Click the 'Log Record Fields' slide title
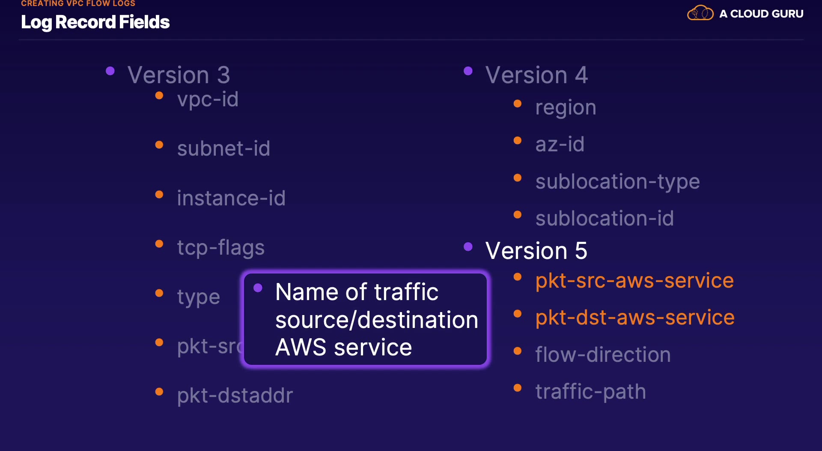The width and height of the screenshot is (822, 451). pos(95,22)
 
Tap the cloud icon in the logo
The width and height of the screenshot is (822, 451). pos(700,13)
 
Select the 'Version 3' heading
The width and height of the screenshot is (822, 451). pos(179,75)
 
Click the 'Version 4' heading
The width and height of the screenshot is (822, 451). pos(536,75)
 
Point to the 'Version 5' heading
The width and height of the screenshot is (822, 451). pos(536,250)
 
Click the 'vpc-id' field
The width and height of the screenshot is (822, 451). pos(208,99)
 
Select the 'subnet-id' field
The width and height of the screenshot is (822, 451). pos(223,149)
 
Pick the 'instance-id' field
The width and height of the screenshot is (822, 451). pos(231,198)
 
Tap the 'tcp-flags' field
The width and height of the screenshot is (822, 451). pos(221,248)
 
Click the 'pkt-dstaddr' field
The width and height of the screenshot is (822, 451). pos(235,395)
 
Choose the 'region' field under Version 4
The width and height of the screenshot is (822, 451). pos(566,108)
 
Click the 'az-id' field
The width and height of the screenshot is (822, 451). pos(560,144)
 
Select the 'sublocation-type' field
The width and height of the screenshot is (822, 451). pos(617,182)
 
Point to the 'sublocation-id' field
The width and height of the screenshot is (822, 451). pos(605,219)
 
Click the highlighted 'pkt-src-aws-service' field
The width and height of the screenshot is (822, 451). pos(634,281)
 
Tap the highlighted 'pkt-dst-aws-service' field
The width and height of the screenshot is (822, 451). pos(635,318)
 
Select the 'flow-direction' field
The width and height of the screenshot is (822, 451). pos(603,355)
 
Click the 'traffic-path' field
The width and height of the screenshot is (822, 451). pos(590,392)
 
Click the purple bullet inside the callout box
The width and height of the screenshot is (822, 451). pos(258,288)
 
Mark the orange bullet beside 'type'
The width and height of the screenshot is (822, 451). pos(159,293)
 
